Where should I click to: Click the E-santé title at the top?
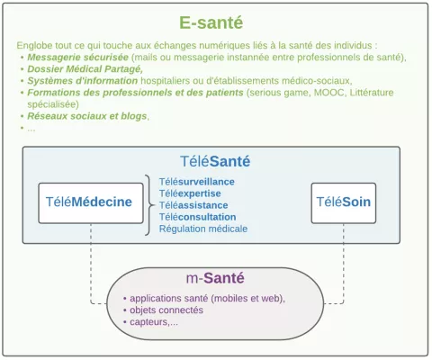click(211, 22)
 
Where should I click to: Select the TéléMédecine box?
click(91, 203)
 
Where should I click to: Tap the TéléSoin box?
click(344, 203)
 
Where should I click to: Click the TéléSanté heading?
click(215, 161)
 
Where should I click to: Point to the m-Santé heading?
click(215, 278)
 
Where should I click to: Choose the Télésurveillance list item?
click(197, 182)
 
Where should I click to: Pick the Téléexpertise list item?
click(190, 193)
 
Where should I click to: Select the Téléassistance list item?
click(193, 205)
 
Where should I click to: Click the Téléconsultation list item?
click(197, 217)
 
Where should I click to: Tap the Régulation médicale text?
click(203, 229)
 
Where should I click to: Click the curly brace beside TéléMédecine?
click(149, 205)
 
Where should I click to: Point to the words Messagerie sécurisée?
click(78, 57)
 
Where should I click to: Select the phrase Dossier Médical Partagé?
click(85, 69)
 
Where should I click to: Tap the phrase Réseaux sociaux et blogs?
click(87, 116)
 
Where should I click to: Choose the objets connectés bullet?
click(166, 310)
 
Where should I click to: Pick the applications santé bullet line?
click(204, 299)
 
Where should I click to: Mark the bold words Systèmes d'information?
click(83, 81)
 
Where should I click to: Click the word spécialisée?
click(53, 104)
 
